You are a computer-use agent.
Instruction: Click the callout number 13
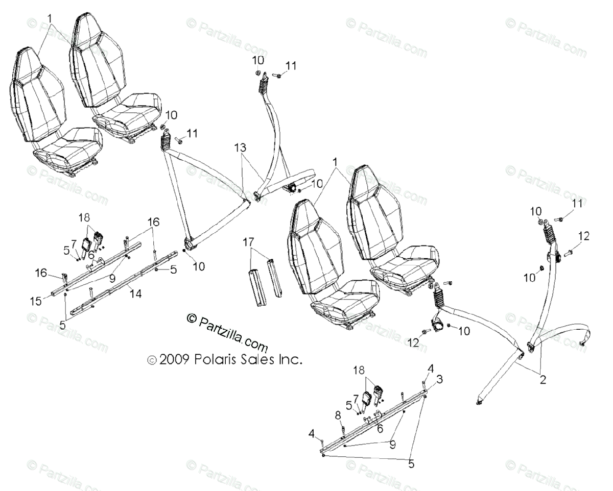tap(240, 148)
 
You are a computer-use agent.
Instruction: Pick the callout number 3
tap(439, 379)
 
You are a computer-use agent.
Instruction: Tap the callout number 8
tap(338, 414)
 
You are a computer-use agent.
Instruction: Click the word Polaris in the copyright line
tap(214, 360)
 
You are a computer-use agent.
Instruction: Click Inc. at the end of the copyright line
tap(290, 360)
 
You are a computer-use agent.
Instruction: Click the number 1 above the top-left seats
tap(50, 18)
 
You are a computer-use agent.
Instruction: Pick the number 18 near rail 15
tap(84, 217)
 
